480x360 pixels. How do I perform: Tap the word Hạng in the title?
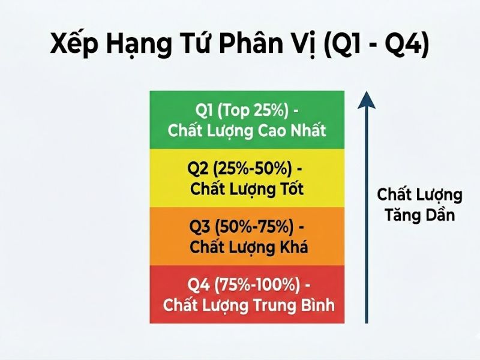point(139,47)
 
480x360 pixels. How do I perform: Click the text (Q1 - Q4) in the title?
point(376,47)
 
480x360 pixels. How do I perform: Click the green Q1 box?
point(247,119)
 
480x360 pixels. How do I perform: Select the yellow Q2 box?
point(247,178)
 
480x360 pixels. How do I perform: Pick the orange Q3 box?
point(247,236)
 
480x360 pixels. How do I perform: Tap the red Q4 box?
point(247,294)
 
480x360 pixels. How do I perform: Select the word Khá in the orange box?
point(290,247)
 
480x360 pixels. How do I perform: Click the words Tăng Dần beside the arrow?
point(419,215)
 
